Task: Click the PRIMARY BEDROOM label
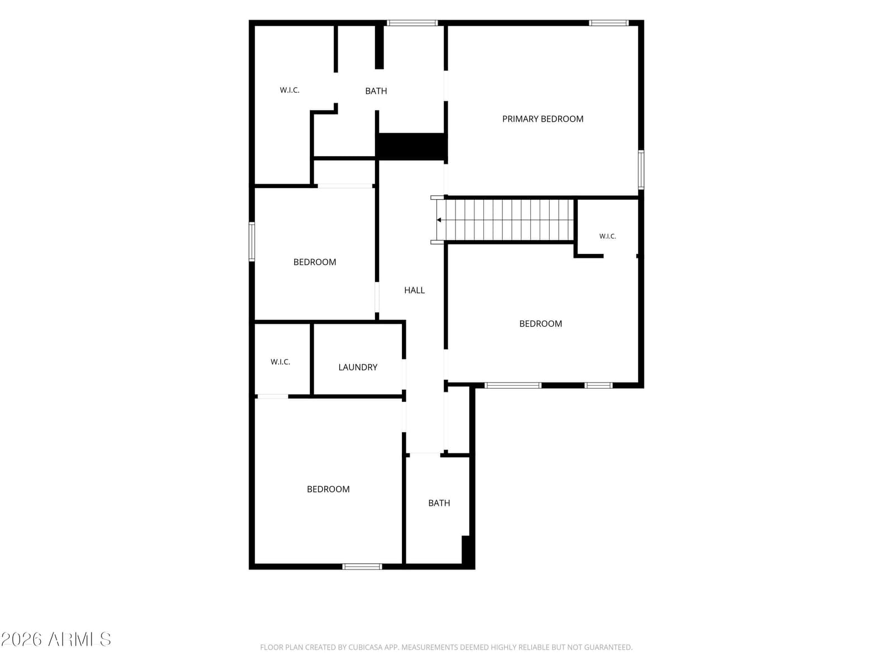(542, 119)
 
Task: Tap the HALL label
(414, 290)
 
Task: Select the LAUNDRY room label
(358, 367)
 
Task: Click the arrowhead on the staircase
(439, 220)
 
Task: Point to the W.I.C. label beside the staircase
(607, 236)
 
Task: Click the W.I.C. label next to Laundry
(280, 362)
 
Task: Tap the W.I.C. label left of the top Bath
(289, 90)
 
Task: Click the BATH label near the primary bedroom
(376, 90)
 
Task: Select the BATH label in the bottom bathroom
(439, 503)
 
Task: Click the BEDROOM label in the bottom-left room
(328, 489)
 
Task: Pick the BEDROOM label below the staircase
(540, 323)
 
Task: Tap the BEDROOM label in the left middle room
(314, 262)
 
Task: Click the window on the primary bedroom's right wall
(641, 170)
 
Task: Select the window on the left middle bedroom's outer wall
(252, 242)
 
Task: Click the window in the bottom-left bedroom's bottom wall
(362, 566)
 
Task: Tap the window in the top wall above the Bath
(412, 23)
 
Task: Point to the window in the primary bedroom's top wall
(608, 23)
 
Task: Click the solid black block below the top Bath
(411, 146)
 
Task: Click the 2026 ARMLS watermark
(56, 639)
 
